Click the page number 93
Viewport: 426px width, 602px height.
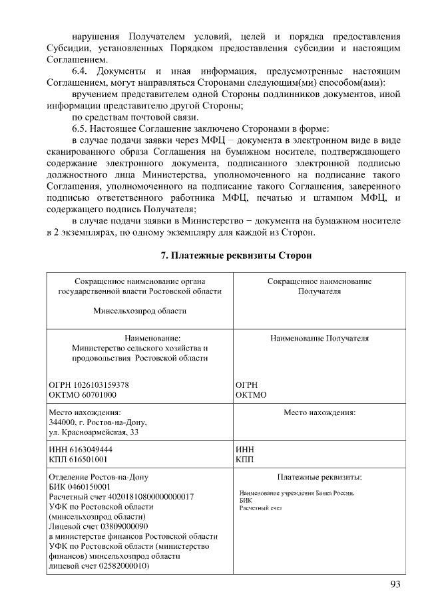(395, 585)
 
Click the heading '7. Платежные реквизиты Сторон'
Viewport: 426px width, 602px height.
(236, 255)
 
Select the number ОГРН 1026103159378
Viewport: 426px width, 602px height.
(89, 385)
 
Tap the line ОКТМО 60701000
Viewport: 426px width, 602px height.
(83, 394)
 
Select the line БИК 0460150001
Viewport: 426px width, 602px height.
(75, 486)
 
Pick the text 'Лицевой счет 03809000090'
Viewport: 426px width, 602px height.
(98, 526)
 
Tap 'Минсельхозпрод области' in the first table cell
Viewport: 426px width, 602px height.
(140, 310)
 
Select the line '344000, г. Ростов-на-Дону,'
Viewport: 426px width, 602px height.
(98, 422)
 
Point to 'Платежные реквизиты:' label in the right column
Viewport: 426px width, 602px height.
(319, 477)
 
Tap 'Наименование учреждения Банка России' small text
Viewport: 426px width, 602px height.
(296, 494)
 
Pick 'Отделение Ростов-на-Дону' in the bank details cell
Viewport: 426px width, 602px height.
(99, 477)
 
